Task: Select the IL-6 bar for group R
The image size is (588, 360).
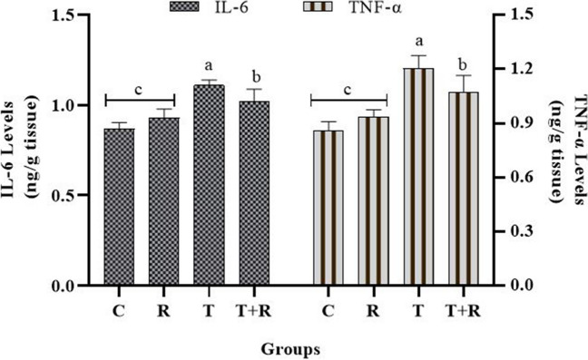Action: pyautogui.click(x=164, y=201)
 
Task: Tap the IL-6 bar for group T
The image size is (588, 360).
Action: pyautogui.click(x=210, y=185)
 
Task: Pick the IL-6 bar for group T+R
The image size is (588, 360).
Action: pyautogui.click(x=254, y=193)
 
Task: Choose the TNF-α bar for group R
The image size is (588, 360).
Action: pyautogui.click(x=373, y=200)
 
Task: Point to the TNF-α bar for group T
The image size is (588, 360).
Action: pyautogui.click(x=418, y=177)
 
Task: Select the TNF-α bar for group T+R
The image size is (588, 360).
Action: pyautogui.click(x=464, y=189)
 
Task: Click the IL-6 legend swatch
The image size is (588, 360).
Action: pyautogui.click(x=186, y=6)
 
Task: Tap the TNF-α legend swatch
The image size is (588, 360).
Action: pyautogui.click(x=317, y=6)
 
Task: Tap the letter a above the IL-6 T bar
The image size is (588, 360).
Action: pyautogui.click(x=209, y=66)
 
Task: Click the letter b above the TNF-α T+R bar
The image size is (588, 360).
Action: pyautogui.click(x=464, y=64)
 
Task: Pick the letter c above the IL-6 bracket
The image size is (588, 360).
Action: pyautogui.click(x=139, y=91)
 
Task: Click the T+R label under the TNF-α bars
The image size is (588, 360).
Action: pyautogui.click(x=464, y=311)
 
